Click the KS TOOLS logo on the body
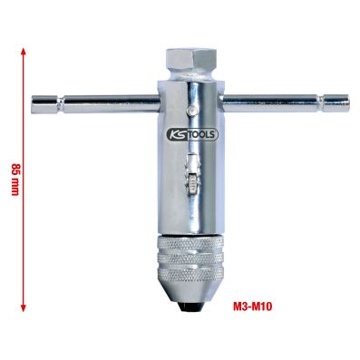(x=192, y=134)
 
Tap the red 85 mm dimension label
(x=15, y=180)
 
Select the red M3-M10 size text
(x=252, y=306)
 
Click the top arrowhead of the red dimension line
(x=24, y=53)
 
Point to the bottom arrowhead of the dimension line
(x=24, y=307)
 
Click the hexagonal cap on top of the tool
(x=191, y=59)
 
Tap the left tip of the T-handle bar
(x=33, y=104)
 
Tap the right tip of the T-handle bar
(x=348, y=103)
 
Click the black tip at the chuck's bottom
(x=190, y=307)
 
